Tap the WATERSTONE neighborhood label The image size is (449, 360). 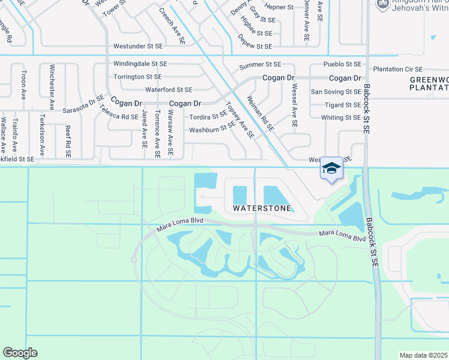click(263, 208)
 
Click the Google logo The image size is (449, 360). click(20, 352)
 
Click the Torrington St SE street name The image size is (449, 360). click(137, 77)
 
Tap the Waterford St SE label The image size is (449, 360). click(169, 89)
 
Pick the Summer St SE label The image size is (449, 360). click(260, 64)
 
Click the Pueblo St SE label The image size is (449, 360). click(341, 64)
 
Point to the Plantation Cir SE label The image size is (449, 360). click(397, 70)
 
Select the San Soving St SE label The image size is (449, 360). click(336, 92)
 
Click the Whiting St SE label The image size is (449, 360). click(340, 118)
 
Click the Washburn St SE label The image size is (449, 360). click(212, 128)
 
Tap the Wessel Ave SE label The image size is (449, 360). click(294, 106)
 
